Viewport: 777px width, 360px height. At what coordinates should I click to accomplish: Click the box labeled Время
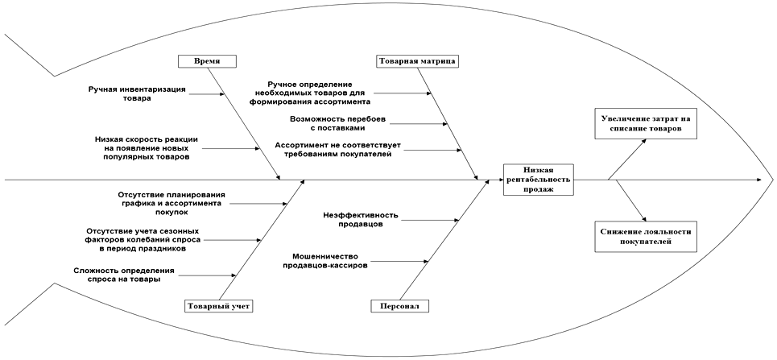[x=207, y=61]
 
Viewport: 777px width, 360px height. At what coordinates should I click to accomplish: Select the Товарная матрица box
[x=417, y=61]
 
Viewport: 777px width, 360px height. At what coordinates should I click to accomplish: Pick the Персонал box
[x=399, y=306]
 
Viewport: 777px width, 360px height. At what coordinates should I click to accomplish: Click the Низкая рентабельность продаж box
[x=538, y=179]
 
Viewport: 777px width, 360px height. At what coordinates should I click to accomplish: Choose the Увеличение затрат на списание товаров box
[x=645, y=123]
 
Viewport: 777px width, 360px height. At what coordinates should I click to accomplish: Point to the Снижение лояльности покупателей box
[x=646, y=236]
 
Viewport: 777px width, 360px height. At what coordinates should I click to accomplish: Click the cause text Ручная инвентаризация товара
[x=137, y=93]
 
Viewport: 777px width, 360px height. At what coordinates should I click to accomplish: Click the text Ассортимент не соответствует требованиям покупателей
[x=337, y=150]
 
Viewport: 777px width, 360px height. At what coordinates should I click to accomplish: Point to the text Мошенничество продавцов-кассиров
[x=331, y=260]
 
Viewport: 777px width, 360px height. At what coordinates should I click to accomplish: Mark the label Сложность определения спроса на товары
[x=123, y=275]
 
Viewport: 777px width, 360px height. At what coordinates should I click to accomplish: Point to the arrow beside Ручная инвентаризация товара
[x=207, y=94]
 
